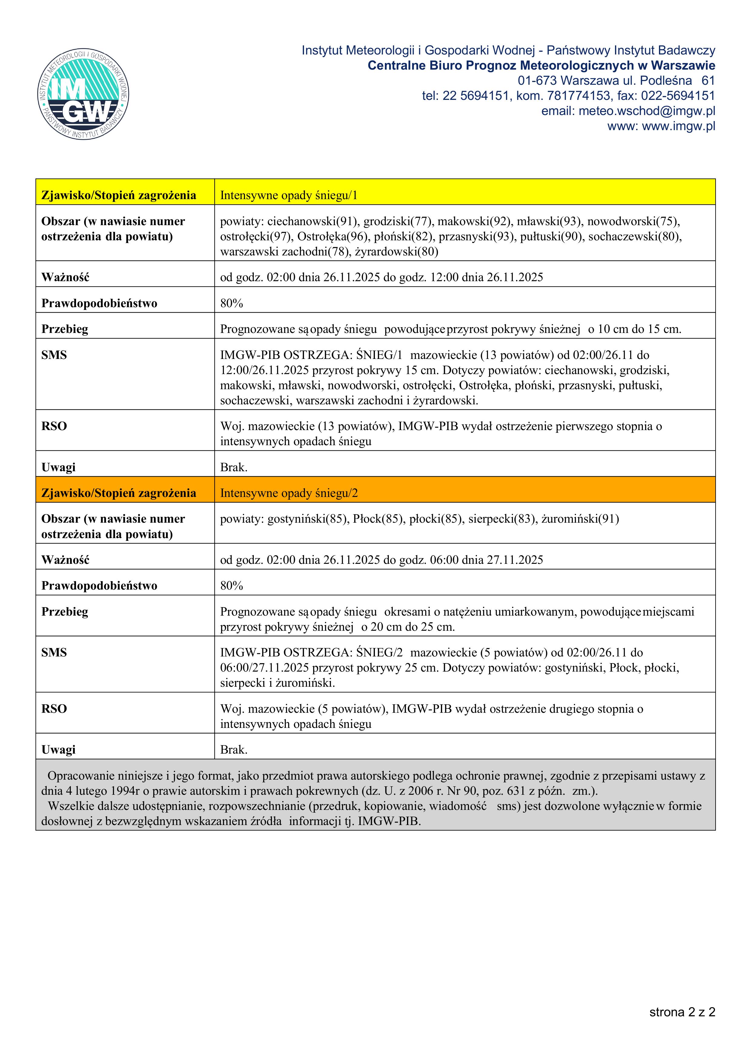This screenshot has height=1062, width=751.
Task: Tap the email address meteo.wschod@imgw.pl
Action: pyautogui.click(x=647, y=111)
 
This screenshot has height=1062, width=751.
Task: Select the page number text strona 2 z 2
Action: pyautogui.click(x=682, y=1012)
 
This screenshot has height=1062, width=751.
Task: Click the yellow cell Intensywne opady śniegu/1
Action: pyautogui.click(x=289, y=195)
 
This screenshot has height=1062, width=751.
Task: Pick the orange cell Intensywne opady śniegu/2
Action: pyautogui.click(x=289, y=493)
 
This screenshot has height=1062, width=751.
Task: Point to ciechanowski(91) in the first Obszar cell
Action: pyautogui.click(x=313, y=222)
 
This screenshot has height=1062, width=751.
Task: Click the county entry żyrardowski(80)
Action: pyautogui.click(x=397, y=252)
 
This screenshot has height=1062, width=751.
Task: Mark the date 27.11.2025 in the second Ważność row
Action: pyautogui.click(x=514, y=560)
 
